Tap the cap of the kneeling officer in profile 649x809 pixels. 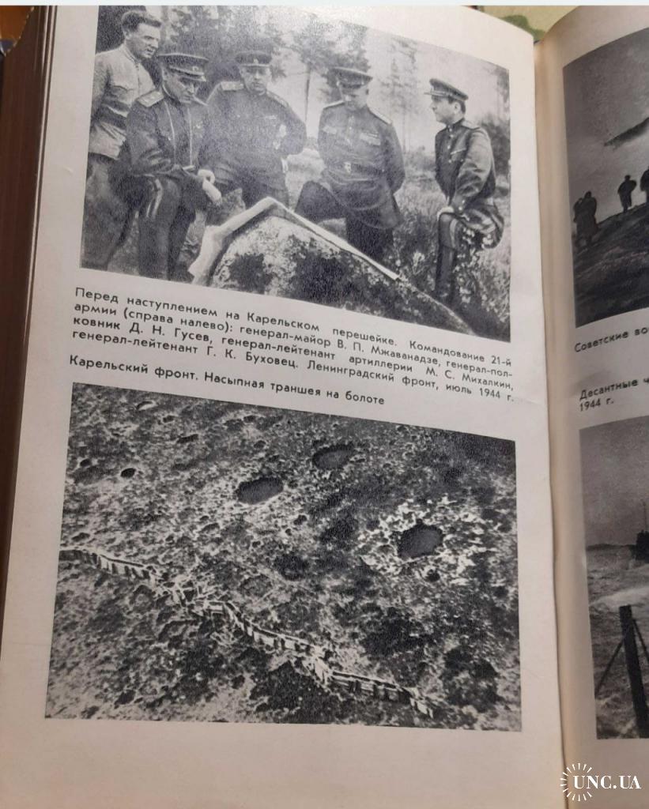pos(447,88)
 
